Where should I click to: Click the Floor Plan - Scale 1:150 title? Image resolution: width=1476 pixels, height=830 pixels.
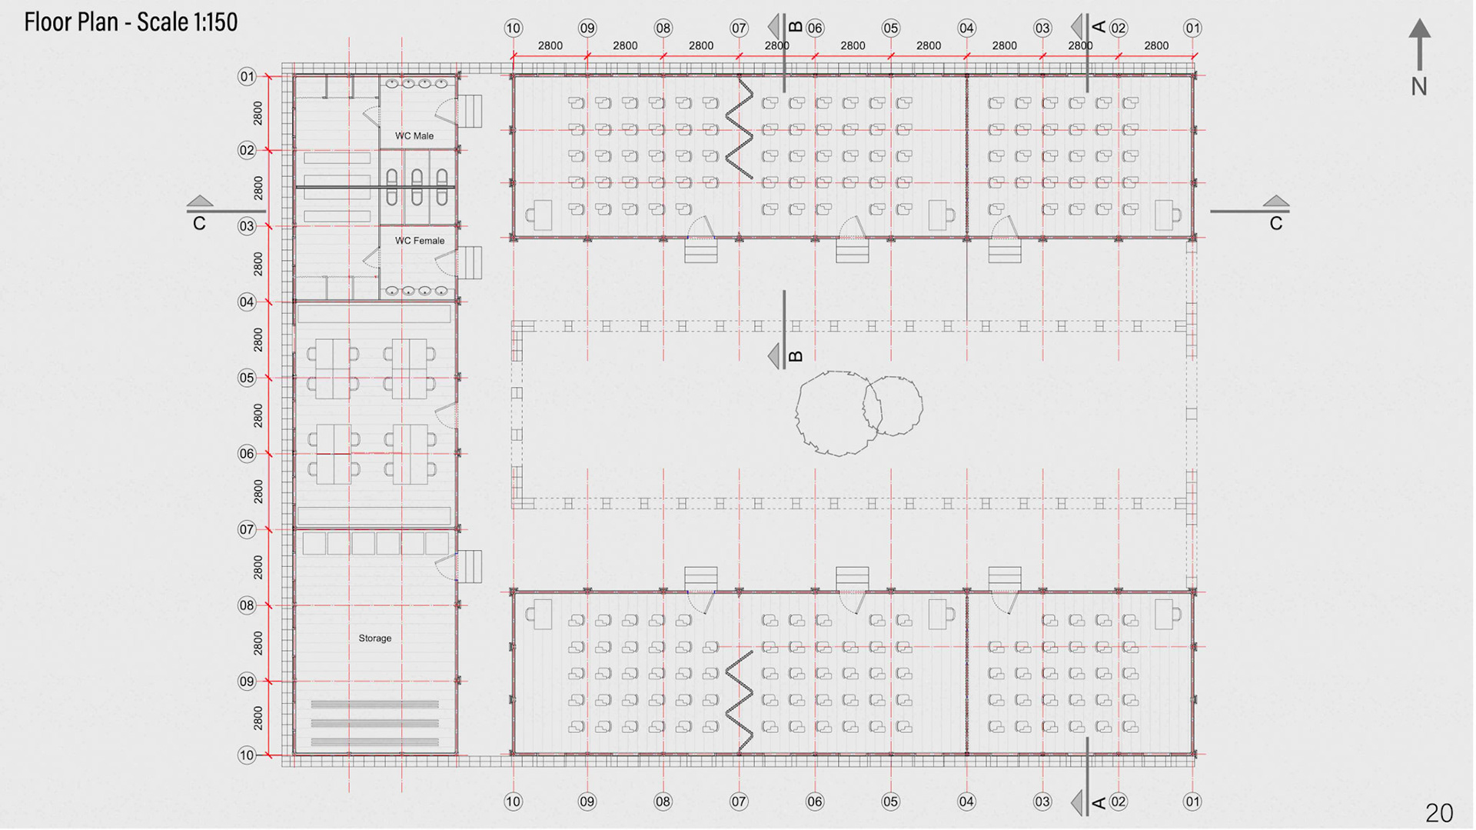tap(131, 22)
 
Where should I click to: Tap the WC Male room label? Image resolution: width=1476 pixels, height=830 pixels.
tap(414, 136)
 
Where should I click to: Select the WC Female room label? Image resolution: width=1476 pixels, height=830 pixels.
tap(420, 241)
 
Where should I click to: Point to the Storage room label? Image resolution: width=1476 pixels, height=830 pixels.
tap(375, 638)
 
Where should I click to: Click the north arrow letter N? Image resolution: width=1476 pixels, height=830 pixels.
tap(1419, 87)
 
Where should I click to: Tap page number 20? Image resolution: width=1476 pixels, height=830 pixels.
tap(1439, 813)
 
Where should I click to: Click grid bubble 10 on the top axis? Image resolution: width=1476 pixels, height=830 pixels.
tap(513, 28)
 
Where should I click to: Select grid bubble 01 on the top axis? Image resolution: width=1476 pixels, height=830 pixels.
tap(1192, 28)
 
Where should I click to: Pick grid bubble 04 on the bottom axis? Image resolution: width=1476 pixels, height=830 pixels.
tap(966, 802)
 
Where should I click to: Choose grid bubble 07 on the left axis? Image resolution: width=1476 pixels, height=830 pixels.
tap(247, 529)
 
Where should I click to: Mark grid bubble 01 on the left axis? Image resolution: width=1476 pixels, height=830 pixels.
tap(247, 76)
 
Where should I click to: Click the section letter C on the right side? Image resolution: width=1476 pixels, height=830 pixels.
tap(1276, 224)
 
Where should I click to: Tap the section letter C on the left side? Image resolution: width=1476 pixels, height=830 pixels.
tap(199, 224)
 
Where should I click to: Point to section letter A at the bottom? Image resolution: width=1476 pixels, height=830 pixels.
tap(1099, 803)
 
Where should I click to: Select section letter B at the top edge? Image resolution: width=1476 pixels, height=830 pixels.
tap(796, 28)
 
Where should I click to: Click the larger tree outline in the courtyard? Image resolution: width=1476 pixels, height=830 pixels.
tap(834, 413)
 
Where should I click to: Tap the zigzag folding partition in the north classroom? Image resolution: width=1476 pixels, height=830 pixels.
tap(740, 128)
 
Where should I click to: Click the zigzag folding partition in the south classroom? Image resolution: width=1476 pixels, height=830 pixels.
tap(740, 700)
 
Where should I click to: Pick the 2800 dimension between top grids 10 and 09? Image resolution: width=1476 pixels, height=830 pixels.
tap(550, 46)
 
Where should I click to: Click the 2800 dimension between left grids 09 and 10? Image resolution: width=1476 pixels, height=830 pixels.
tap(258, 718)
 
